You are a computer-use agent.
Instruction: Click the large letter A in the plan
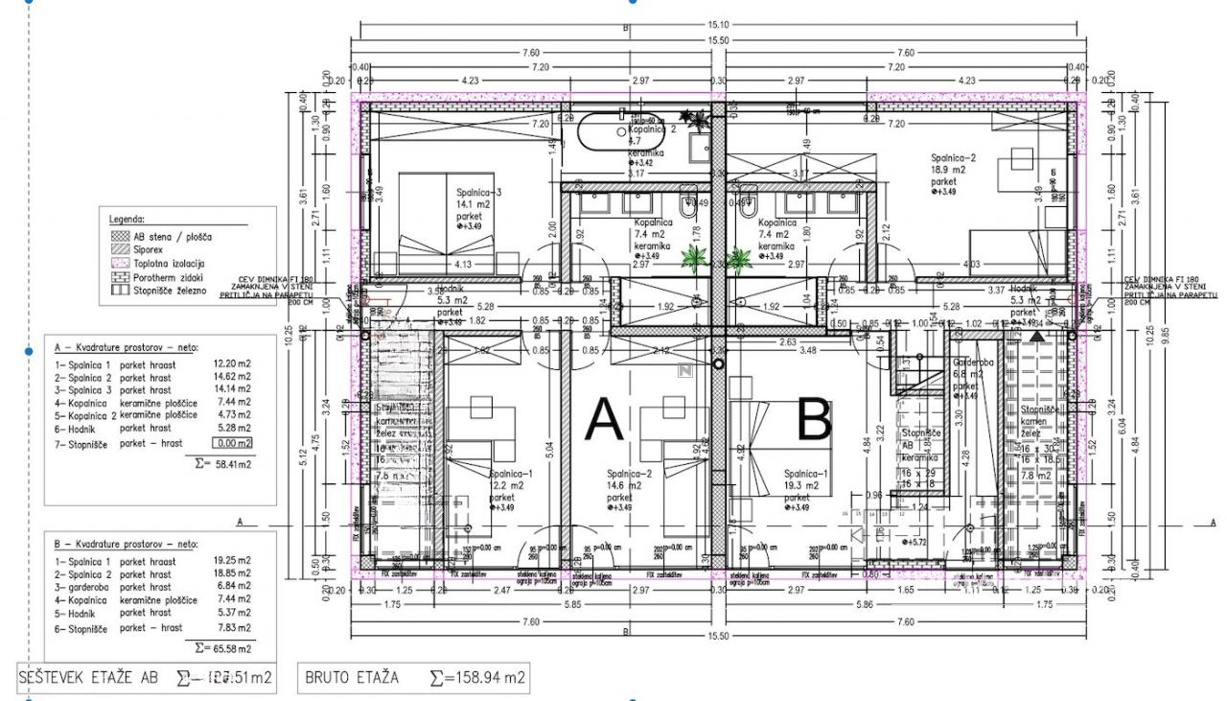(604, 422)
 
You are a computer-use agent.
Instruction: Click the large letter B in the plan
(813, 422)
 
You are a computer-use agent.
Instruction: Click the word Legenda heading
(127, 219)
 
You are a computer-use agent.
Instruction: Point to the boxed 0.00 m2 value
(233, 443)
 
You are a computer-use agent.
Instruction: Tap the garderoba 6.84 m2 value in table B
(231, 586)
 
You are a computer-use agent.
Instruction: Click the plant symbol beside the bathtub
(705, 121)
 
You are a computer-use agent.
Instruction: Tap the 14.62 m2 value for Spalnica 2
(231, 377)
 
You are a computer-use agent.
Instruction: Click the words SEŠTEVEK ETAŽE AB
(89, 678)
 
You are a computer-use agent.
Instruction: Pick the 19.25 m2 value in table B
(231, 561)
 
